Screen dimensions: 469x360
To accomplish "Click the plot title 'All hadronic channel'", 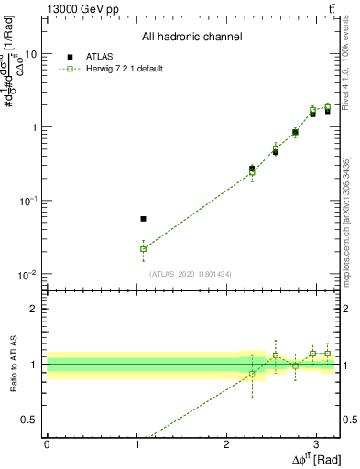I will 191,38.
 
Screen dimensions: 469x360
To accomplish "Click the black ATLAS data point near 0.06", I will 143,219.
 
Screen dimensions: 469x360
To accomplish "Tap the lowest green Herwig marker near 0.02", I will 143,248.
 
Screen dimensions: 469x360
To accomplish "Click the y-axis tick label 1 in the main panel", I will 33,127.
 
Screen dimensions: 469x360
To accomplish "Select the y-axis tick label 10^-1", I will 27,201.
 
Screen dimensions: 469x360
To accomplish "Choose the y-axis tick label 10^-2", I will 27,274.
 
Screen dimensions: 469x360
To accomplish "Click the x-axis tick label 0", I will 47,442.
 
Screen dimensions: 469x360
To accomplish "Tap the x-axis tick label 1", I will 136,442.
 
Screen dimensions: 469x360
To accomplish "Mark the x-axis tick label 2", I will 226,442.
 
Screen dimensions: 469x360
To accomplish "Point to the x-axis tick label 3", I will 316,442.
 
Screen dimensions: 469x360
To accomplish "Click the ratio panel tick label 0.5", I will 30,420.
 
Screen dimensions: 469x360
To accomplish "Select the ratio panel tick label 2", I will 34,309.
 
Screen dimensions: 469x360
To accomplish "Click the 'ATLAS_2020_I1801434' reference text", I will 191,273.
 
